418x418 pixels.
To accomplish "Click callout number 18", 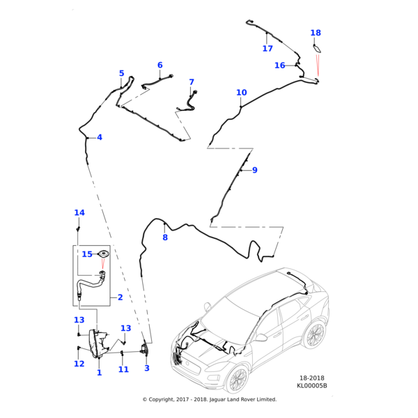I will pos(316,33).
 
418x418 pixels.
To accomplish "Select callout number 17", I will pos(268,49).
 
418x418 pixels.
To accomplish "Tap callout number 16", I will pos(279,65).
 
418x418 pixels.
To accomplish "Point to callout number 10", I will pos(241,93).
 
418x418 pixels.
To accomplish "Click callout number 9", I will pos(254,170).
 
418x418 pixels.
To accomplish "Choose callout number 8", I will pos(165,238).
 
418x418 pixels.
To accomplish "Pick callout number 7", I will pos(192,82).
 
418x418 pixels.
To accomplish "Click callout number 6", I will pos(160,65).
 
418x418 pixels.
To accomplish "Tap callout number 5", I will pos(121,73).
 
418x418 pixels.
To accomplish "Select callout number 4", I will pos(100,137).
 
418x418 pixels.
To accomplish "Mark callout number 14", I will pos(79,212).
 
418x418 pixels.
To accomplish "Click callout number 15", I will pos(86,254).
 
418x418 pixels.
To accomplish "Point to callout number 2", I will pos(120,297).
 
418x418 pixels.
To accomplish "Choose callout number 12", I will pos(79,364).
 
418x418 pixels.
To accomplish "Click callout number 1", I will pos(99,373).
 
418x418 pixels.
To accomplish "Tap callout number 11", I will pos(123,369).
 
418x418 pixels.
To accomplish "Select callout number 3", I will pos(147,368).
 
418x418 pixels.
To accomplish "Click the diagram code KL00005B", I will pos(311,385).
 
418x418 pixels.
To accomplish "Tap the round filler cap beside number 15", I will pos(103,254).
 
